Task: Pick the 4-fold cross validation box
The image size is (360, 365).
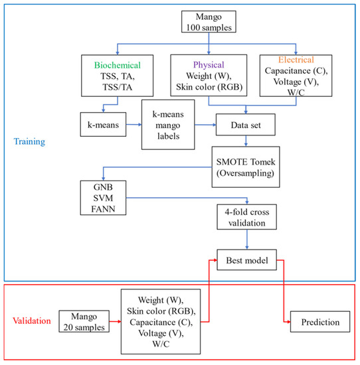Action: click(247, 216)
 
